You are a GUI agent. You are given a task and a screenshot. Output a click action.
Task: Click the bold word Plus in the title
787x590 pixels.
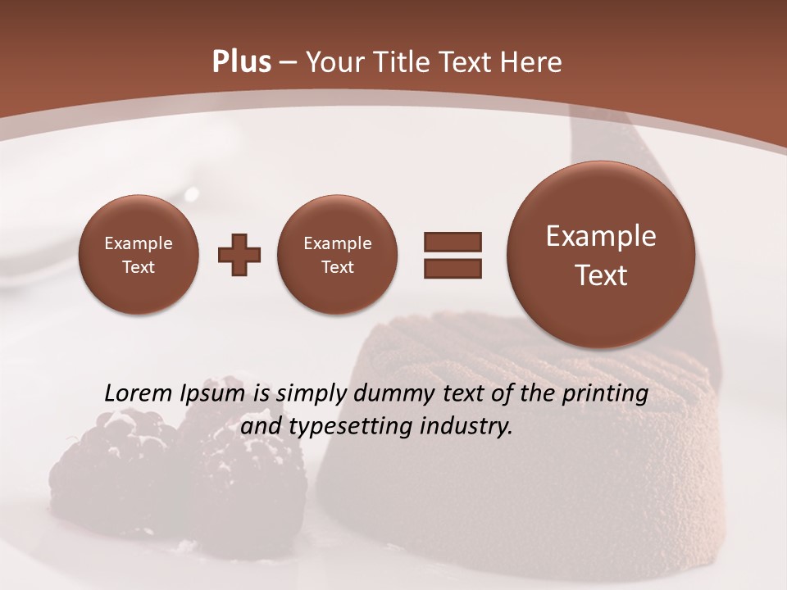pos(241,62)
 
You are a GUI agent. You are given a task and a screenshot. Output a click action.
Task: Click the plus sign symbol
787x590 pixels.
pos(239,255)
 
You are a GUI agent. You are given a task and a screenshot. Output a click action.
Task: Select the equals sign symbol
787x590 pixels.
pos(453,254)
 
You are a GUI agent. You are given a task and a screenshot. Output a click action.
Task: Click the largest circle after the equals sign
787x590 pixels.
pos(601,255)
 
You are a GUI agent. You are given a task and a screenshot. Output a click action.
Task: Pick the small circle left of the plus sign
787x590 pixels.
pos(138,255)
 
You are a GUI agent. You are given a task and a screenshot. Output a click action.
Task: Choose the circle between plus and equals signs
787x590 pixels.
pos(337,255)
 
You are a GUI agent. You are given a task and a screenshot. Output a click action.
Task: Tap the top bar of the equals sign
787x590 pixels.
pos(453,242)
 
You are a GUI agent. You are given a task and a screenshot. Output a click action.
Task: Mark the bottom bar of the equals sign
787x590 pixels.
pos(453,267)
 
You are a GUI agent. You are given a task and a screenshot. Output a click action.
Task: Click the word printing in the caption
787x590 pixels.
pos(604,394)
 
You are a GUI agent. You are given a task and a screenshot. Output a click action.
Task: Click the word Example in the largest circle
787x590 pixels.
pos(601,236)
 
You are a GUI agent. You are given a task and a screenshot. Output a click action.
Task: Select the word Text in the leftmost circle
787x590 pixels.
pos(138,267)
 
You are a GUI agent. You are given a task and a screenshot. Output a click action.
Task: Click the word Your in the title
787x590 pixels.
pos(332,62)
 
